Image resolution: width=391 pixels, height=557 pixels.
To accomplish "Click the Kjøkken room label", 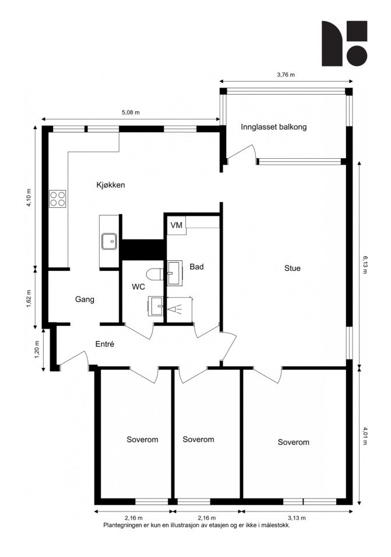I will [x=111, y=185].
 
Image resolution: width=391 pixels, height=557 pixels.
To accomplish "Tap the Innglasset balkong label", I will [x=273, y=127].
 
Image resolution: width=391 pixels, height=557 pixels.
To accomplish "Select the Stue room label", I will [x=292, y=269].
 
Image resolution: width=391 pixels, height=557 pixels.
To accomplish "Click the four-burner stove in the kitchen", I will [x=58, y=199].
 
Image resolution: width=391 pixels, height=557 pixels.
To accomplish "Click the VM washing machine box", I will [x=177, y=225].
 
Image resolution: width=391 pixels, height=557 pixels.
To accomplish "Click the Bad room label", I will [x=196, y=267].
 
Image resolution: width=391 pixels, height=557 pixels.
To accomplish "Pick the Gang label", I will [x=84, y=300].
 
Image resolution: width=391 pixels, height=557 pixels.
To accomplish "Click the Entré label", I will [x=104, y=344].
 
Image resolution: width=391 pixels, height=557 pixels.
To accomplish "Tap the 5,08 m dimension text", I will [x=130, y=112].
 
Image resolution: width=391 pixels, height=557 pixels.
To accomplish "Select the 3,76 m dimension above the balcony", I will [x=286, y=75].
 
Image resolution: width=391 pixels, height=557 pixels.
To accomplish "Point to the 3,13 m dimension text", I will [x=297, y=518].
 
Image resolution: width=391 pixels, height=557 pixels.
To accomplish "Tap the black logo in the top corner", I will [x=344, y=43].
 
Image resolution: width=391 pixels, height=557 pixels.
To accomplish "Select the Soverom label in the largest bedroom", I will [x=293, y=443].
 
